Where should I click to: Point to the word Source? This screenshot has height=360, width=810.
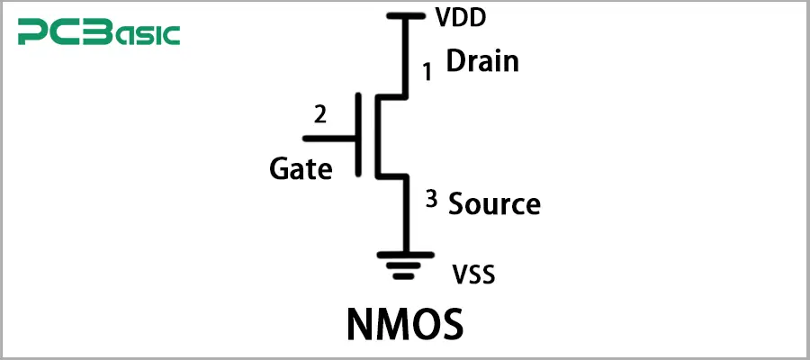tap(494, 203)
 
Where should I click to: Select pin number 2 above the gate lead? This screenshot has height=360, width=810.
tap(319, 114)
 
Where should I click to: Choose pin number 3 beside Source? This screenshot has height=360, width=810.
tap(431, 200)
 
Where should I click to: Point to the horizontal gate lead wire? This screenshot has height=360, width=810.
tap(332, 138)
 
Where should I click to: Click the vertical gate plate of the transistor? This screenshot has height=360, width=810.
tap(361, 134)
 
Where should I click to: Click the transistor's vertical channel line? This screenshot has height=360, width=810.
tap(376, 134)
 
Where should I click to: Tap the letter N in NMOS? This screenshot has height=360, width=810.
tap(360, 325)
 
